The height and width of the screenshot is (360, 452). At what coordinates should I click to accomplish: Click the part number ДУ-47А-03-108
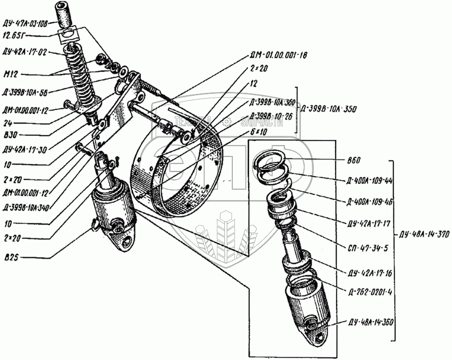(25, 22)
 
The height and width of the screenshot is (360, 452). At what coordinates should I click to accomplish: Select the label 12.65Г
(14, 35)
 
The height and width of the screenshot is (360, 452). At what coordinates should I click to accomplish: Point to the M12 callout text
(10, 74)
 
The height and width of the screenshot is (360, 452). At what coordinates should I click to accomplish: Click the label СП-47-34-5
(363, 236)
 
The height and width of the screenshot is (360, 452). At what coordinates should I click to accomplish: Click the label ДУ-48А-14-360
(371, 322)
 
